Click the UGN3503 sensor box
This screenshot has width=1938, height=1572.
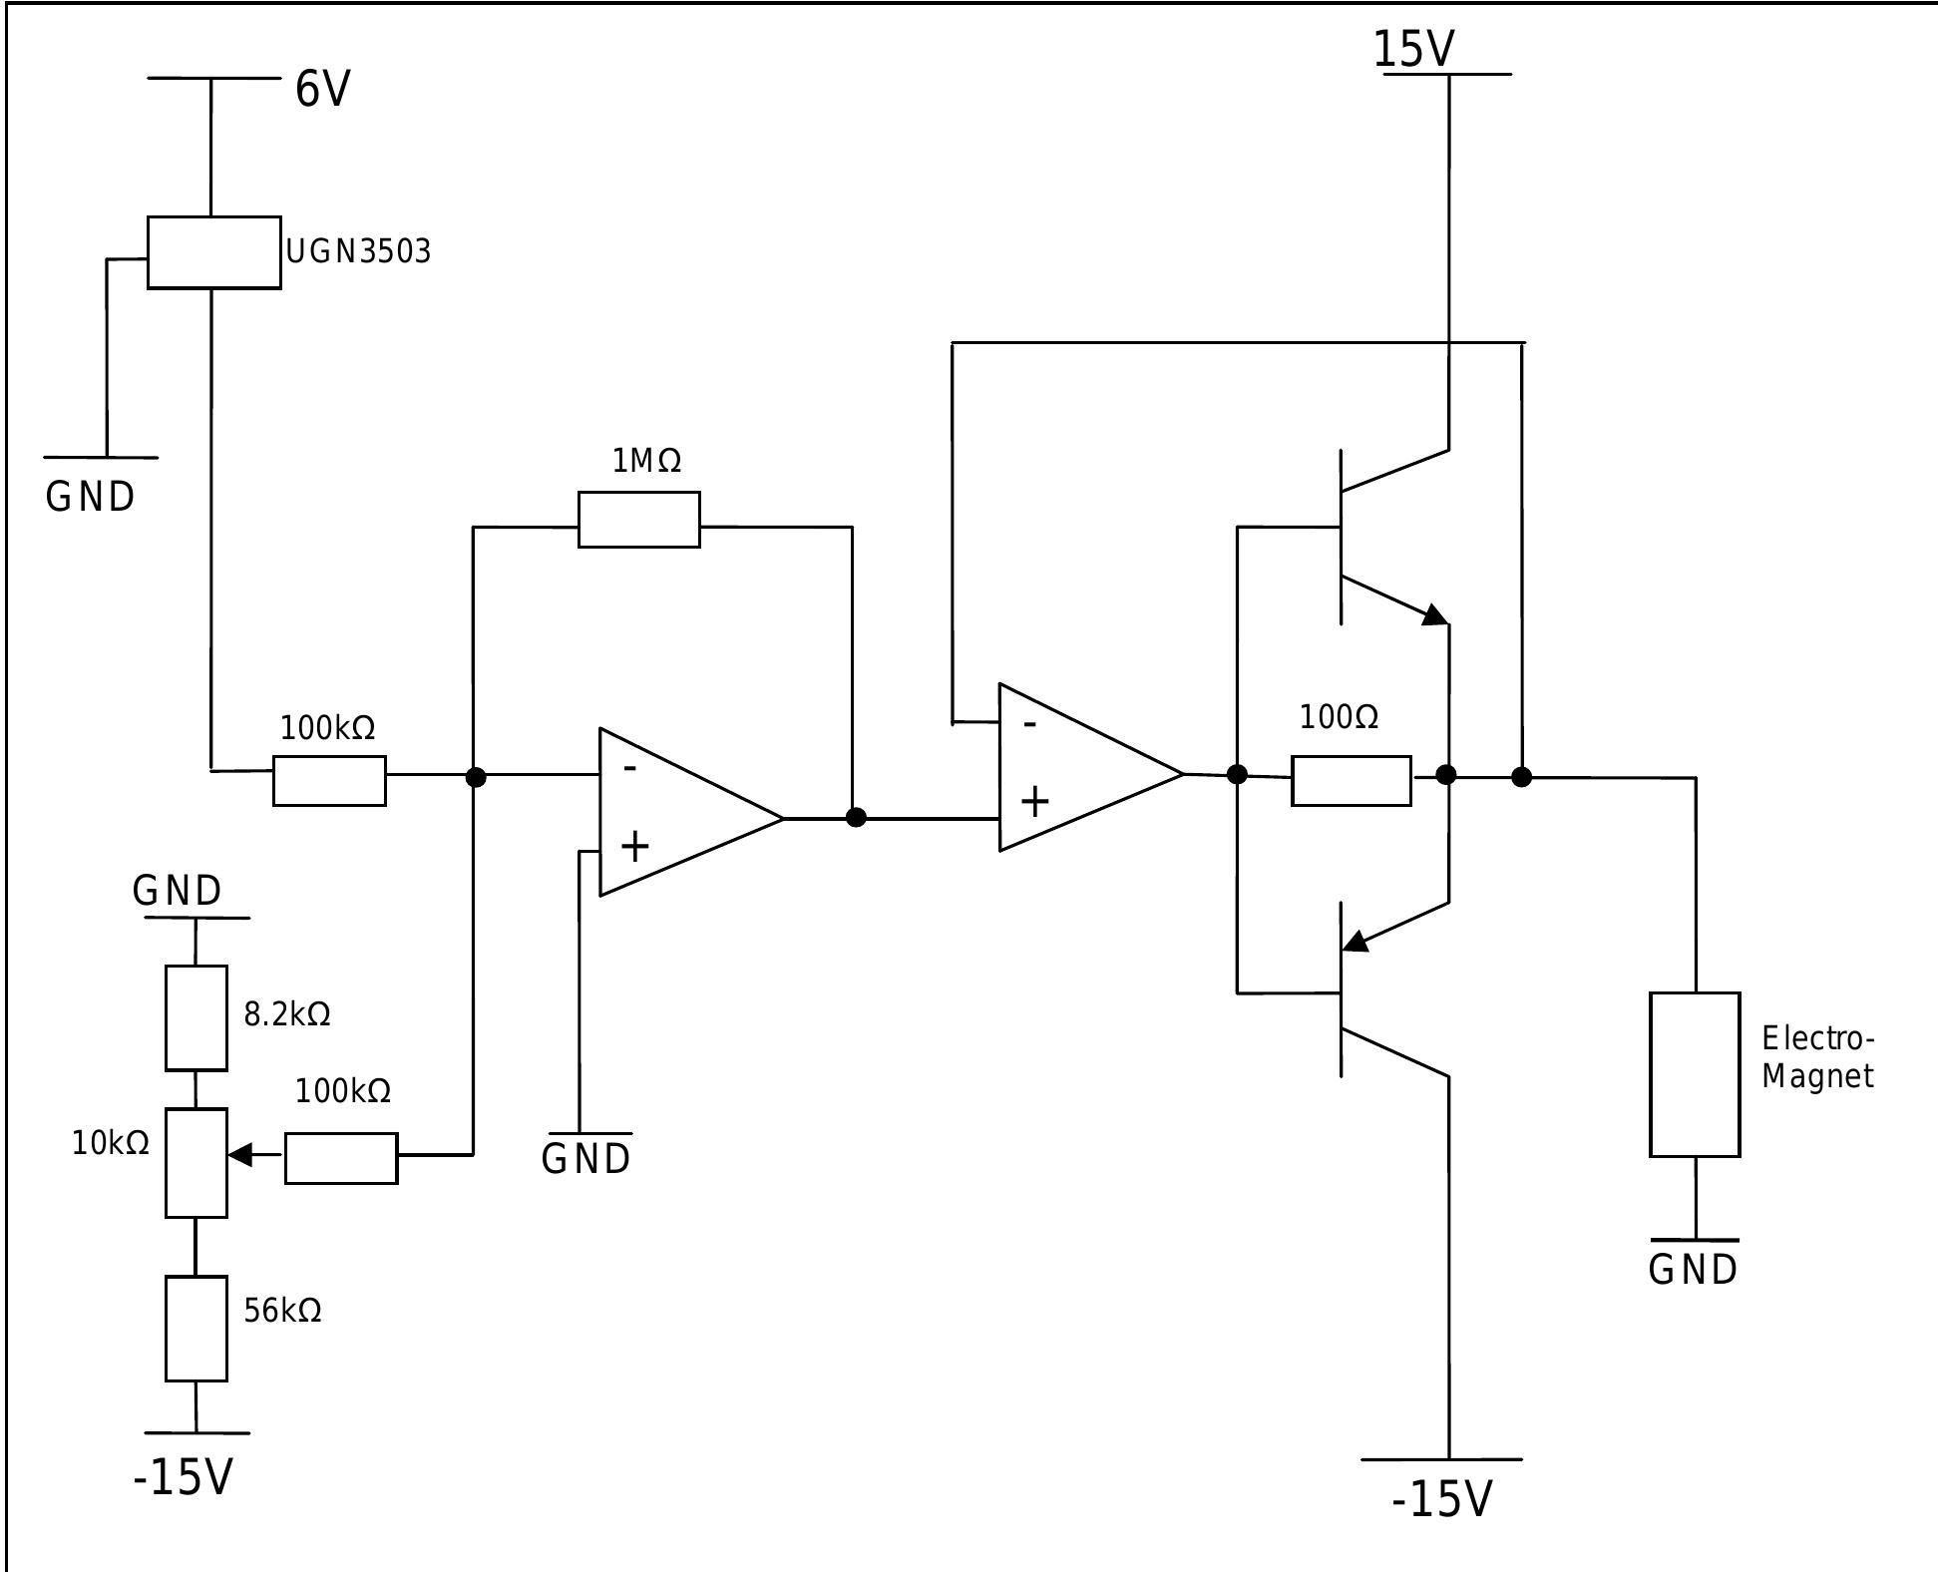213,252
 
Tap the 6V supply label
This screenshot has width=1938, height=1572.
322,90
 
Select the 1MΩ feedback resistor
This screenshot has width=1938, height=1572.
638,520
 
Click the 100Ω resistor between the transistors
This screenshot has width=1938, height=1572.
1351,780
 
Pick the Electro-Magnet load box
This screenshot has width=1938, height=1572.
1694,1074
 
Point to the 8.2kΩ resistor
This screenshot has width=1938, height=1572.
195,1017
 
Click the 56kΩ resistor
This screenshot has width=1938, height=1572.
195,1328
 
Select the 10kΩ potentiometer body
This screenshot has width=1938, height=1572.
195,1162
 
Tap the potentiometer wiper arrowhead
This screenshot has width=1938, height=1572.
239,1155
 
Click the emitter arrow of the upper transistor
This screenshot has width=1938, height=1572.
1434,615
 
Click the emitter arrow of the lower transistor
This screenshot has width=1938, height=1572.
1356,941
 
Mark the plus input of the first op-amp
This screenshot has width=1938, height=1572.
634,847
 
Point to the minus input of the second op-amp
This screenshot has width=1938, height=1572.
1029,723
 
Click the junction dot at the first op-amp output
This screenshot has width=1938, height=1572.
855,818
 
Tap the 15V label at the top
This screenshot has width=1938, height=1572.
1412,48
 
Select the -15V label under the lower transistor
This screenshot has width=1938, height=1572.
1441,1499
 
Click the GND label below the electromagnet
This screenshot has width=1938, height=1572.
1693,1270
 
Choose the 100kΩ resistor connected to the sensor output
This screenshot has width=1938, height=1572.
329,780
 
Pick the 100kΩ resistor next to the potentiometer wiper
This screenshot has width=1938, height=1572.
341,1158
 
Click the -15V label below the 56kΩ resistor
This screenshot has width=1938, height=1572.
183,1477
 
